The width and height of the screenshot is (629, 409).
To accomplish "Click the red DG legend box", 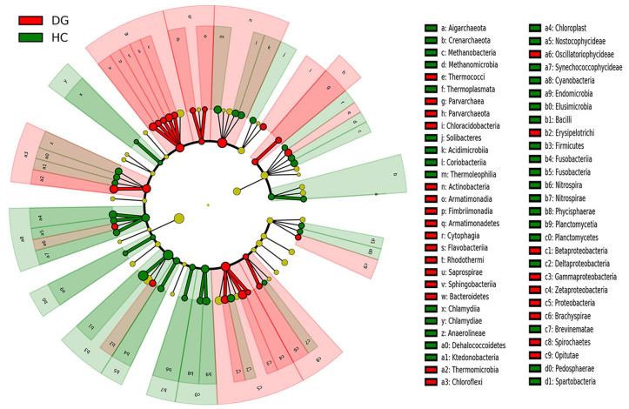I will [29, 20].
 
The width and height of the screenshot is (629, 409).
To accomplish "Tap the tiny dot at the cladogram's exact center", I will [208, 205].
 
